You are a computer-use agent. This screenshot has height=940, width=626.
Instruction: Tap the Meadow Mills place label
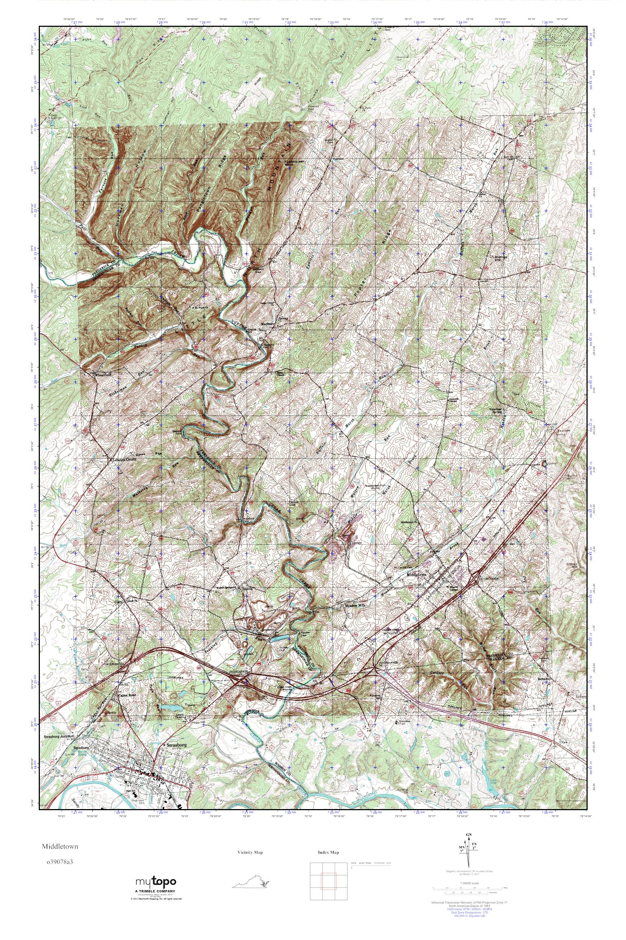coord(355,605)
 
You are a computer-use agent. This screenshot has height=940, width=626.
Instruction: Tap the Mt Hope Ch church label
coord(203,308)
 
